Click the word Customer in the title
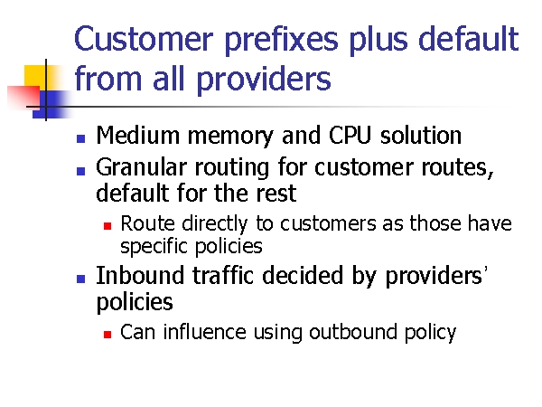coord(144,39)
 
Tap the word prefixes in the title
coord(281,40)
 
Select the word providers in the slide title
coord(264,80)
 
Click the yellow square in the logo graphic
coord(34,76)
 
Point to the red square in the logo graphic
coord(23,97)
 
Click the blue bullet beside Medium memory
coord(81,138)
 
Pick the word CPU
coord(350,135)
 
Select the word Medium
coord(138,135)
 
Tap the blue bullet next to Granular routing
coord(81,171)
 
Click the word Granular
coord(142,167)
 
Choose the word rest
coord(276,194)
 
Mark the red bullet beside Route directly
coord(107,226)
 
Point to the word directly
coord(215,224)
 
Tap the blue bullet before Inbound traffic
coord(81,279)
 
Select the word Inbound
coord(140,276)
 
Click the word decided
coord(303,276)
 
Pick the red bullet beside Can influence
coord(107,335)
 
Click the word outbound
coord(353,332)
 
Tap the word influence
coord(205,332)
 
